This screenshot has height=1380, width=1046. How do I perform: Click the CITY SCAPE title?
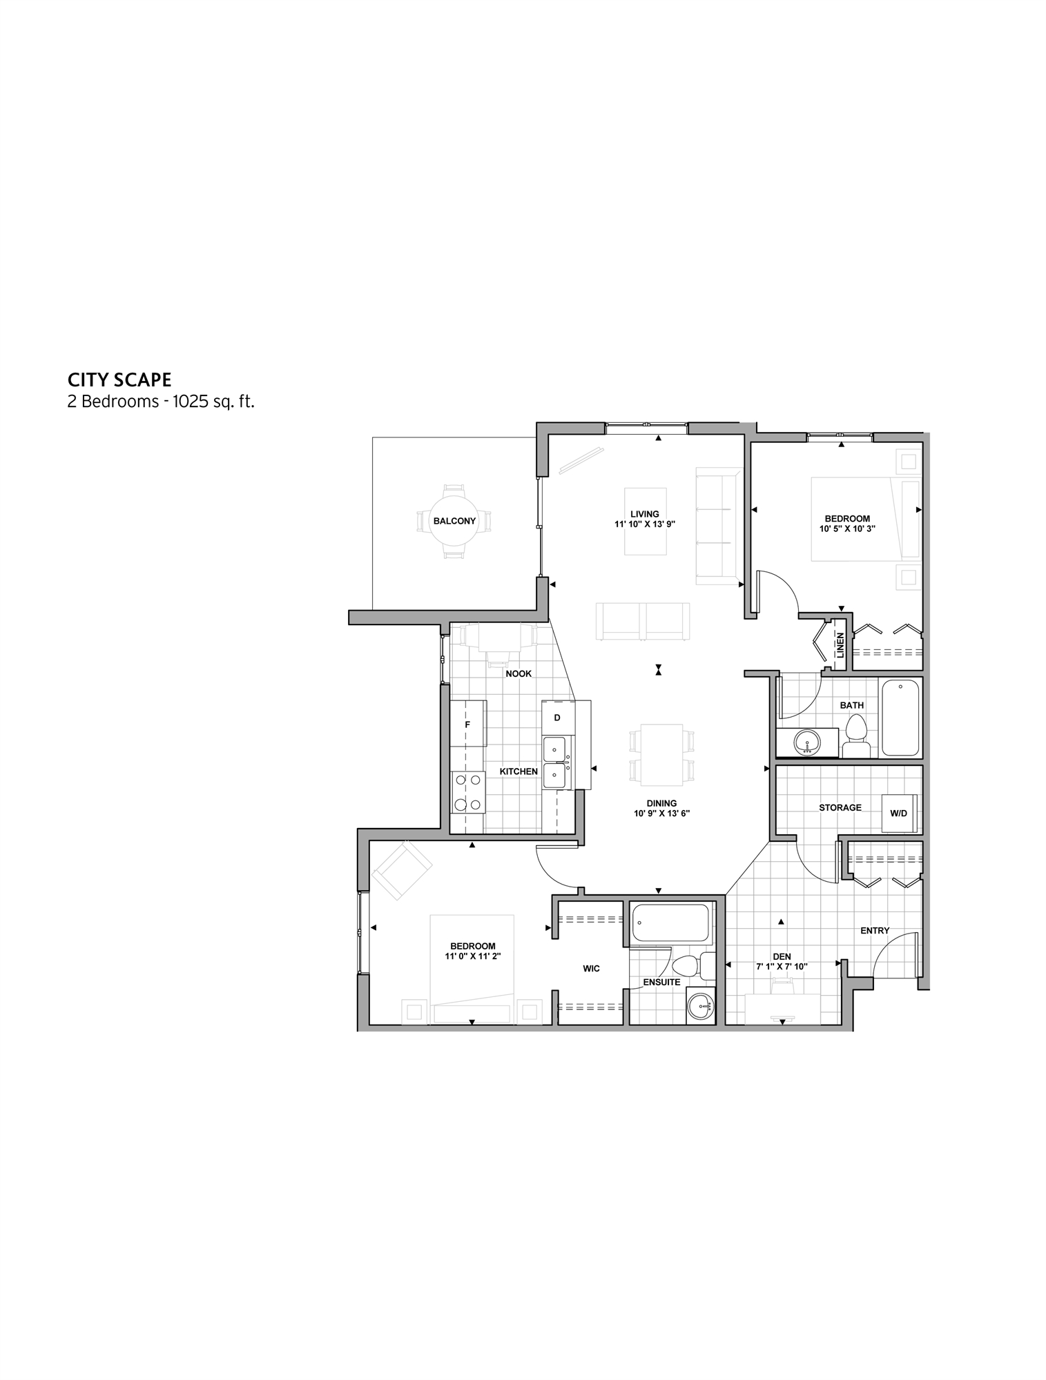pyautogui.click(x=119, y=379)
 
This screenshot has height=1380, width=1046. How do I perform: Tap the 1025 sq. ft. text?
pyautogui.click(x=213, y=402)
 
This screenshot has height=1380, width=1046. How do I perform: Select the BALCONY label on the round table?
pyautogui.click(x=454, y=521)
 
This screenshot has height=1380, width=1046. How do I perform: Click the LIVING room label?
pyautogui.click(x=645, y=514)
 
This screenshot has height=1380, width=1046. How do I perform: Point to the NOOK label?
pyautogui.click(x=519, y=673)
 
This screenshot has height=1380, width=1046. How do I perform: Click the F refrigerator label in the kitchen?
pyautogui.click(x=467, y=724)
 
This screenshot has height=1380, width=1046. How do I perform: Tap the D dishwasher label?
pyautogui.click(x=557, y=718)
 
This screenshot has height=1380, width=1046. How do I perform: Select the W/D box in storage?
pyautogui.click(x=898, y=814)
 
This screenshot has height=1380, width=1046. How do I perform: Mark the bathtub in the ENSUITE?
pyautogui.click(x=671, y=923)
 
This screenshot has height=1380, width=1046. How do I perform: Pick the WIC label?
pyautogui.click(x=591, y=969)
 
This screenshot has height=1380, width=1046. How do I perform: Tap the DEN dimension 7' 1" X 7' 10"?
pyautogui.click(x=782, y=967)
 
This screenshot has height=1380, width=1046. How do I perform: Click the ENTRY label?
pyautogui.click(x=875, y=931)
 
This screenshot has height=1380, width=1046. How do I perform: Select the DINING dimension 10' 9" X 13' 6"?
pyautogui.click(x=661, y=814)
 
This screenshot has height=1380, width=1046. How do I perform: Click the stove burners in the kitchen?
pyautogui.click(x=467, y=792)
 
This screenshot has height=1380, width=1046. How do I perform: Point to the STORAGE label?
pyautogui.click(x=840, y=807)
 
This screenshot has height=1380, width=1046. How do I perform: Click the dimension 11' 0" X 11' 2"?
pyautogui.click(x=473, y=956)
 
